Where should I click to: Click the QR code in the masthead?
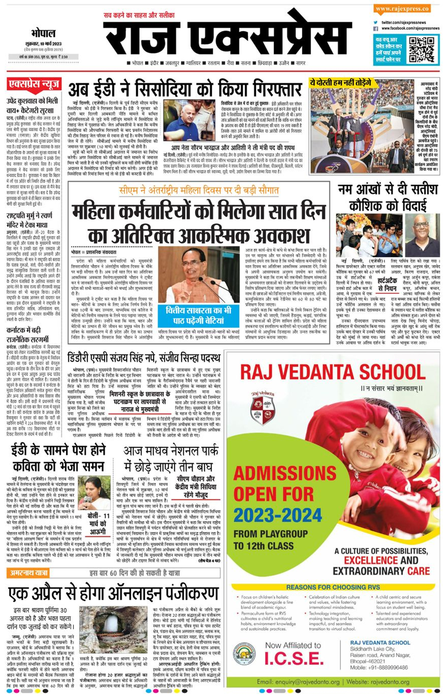422,49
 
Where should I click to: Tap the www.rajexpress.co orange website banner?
402,9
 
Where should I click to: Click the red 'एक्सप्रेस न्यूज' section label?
34,85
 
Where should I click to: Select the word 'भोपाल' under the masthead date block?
43,34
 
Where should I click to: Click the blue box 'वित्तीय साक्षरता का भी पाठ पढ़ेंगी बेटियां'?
198,315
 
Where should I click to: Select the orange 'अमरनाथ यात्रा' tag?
28,573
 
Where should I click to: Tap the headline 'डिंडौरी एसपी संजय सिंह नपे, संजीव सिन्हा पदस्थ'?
144,358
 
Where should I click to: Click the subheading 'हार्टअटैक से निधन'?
388,285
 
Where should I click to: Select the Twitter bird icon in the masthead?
376,22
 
